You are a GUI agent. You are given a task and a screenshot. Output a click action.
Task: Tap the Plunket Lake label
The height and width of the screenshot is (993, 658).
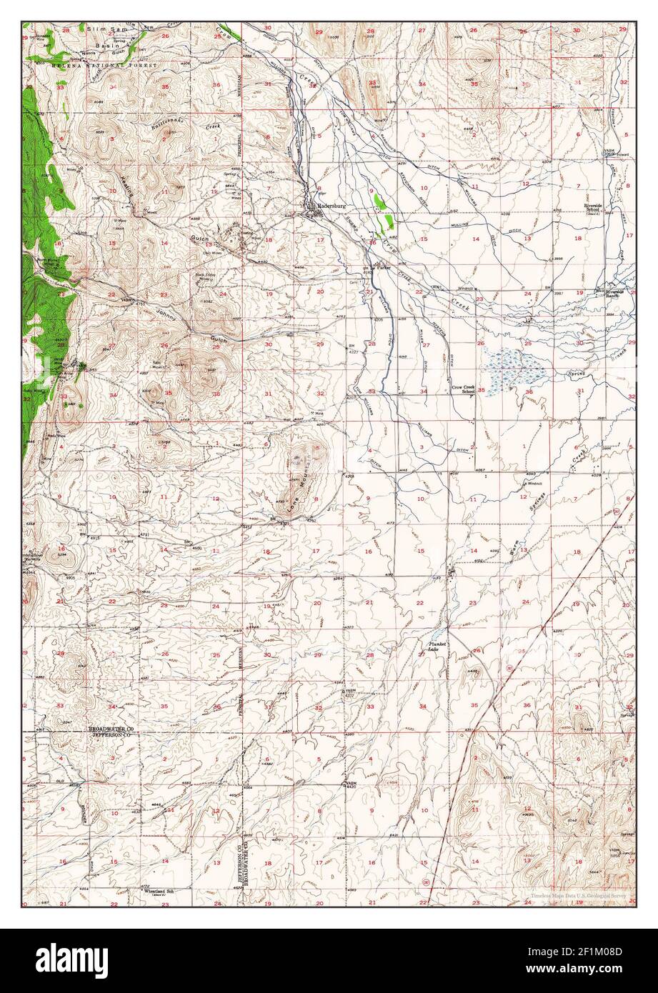437,646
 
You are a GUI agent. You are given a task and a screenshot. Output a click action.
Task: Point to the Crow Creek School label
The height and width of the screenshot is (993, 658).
463,390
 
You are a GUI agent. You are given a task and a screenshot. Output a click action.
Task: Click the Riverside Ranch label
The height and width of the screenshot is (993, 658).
615,294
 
